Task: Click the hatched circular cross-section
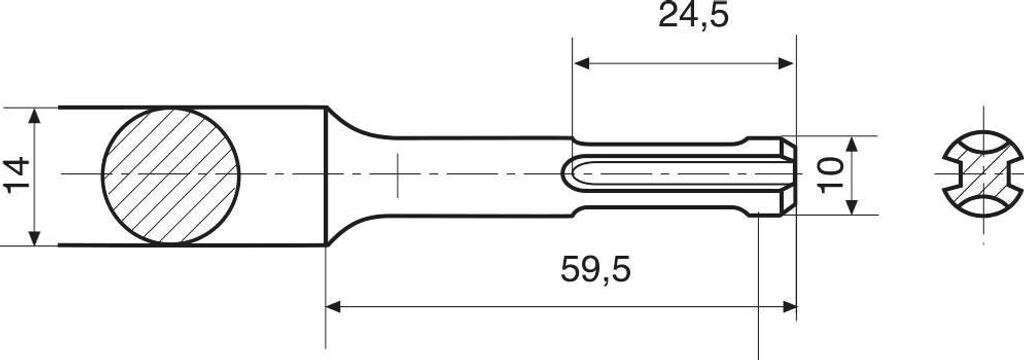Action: click(x=171, y=175)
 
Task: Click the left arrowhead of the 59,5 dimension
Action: click(x=335, y=307)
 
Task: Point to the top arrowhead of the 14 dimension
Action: click(x=35, y=114)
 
